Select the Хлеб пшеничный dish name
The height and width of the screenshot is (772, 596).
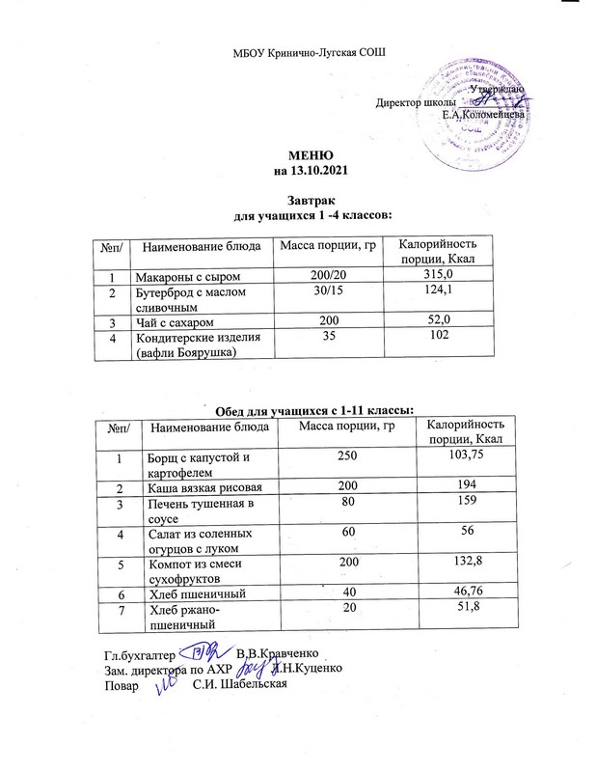pos(197,593)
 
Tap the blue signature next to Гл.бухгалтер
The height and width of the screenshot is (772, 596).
pos(203,654)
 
